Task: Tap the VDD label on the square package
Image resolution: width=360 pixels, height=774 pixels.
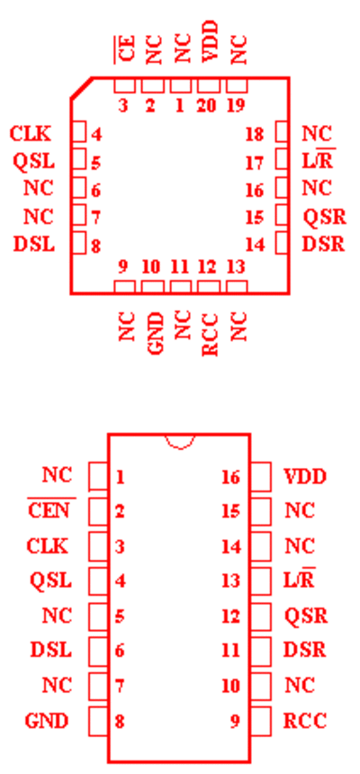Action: pyautogui.click(x=211, y=41)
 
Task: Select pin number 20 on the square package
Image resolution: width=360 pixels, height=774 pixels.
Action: pyautogui.click(x=206, y=105)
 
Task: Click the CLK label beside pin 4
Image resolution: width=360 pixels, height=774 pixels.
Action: pyautogui.click(x=31, y=134)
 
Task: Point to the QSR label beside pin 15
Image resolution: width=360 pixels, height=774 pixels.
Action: pyautogui.click(x=324, y=217)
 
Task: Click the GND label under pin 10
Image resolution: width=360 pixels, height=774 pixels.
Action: pyautogui.click(x=156, y=334)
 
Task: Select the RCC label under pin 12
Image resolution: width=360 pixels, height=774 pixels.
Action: pyautogui.click(x=211, y=334)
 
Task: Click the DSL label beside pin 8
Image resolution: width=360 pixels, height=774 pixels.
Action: pyautogui.click(x=34, y=244)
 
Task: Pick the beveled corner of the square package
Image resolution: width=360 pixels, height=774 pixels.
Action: pyautogui.click(x=81, y=88)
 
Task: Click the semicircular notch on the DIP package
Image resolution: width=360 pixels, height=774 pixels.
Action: pyautogui.click(x=180, y=442)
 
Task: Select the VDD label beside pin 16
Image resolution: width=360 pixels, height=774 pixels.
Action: pyautogui.click(x=305, y=477)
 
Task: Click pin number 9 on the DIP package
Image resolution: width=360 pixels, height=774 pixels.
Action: pyautogui.click(x=235, y=722)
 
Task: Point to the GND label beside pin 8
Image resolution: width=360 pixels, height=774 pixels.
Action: pyautogui.click(x=47, y=722)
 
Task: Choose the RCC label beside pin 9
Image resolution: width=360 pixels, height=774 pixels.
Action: pyautogui.click(x=305, y=721)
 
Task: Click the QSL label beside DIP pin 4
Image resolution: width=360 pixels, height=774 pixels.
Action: pyautogui.click(x=51, y=580)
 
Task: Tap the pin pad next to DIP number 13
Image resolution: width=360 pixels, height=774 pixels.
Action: pyautogui.click(x=261, y=581)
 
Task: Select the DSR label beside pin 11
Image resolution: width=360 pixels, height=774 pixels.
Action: pyautogui.click(x=305, y=651)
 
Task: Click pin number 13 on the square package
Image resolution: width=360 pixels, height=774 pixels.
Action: pyautogui.click(x=236, y=267)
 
